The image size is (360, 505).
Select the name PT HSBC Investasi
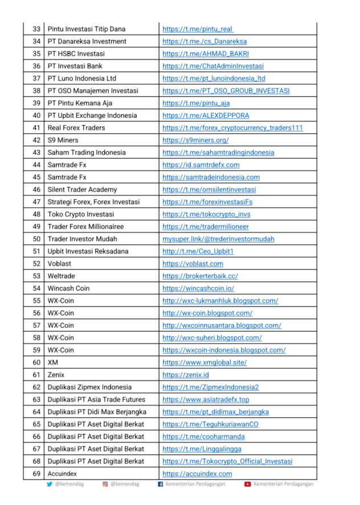76,54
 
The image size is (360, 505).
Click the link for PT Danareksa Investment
204,42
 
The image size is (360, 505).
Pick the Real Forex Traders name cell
76,128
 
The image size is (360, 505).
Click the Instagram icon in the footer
105,485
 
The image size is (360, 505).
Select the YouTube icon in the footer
248,485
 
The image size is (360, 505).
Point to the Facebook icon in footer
161,485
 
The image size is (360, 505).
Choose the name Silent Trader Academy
82,190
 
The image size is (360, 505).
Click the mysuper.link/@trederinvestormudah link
218,239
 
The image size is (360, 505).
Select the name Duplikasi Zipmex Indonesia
89,387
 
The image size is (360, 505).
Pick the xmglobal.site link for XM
204,363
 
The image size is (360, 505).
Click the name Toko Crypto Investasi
81,214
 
